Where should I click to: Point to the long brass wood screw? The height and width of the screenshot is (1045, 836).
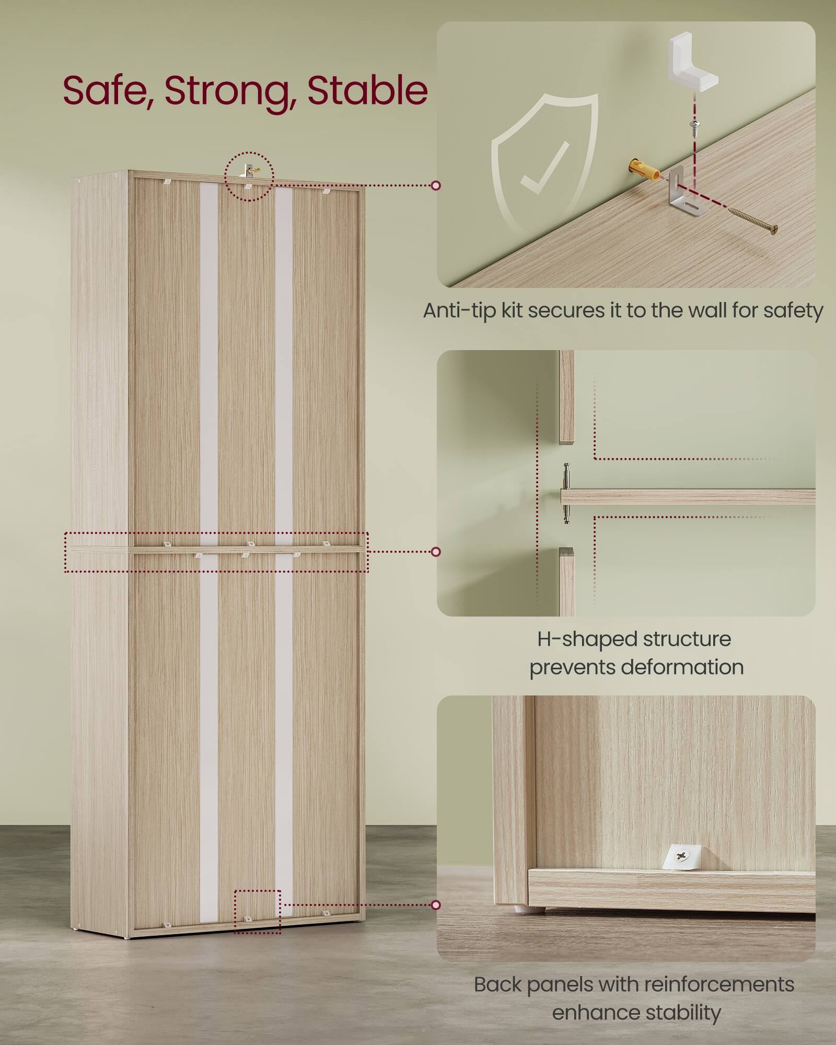[753, 219]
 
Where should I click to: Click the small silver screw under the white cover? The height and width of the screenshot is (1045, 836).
[694, 125]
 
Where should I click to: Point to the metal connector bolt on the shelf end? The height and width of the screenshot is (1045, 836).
[566, 493]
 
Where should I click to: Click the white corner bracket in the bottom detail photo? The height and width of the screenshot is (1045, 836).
[682, 857]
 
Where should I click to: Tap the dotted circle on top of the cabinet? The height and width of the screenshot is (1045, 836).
[249, 176]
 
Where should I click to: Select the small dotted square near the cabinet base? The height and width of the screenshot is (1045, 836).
[257, 911]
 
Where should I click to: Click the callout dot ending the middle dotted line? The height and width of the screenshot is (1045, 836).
[436, 552]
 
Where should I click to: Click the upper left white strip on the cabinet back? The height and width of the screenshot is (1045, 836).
[209, 361]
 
